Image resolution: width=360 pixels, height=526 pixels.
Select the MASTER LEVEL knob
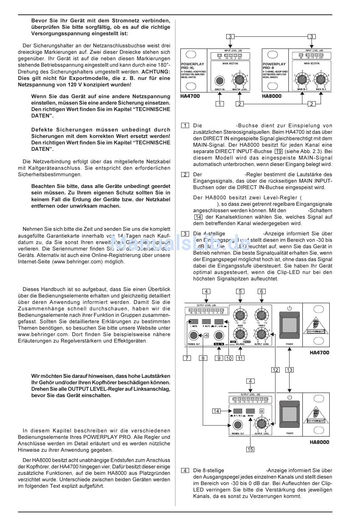click(239, 79)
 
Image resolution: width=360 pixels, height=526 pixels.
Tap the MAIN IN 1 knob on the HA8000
click(302, 79)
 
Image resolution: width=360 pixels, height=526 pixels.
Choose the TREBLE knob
click(261, 315)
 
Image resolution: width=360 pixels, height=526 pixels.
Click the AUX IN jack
click(218, 335)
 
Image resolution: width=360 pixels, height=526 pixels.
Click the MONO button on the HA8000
click(250, 411)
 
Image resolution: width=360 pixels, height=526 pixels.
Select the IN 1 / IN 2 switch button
click(237, 411)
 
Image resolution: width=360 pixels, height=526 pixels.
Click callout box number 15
click(250, 449)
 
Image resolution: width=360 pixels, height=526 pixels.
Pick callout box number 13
click(290, 370)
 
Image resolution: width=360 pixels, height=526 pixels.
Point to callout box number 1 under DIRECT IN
click(220, 104)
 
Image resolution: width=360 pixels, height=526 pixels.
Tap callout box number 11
click(240, 358)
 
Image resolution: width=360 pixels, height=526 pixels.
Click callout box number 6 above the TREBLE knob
click(261, 291)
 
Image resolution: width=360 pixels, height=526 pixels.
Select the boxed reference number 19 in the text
click(278, 152)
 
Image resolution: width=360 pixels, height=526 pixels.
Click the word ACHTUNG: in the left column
click(156, 72)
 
